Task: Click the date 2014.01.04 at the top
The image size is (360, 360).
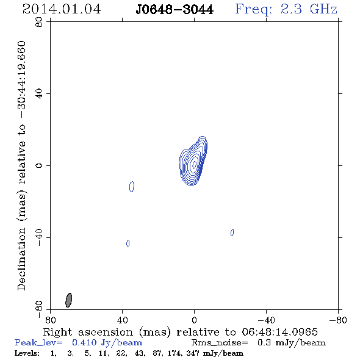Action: click(x=62, y=9)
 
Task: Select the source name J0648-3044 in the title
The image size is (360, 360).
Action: click(x=175, y=10)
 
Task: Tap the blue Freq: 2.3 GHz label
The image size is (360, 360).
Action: click(x=286, y=9)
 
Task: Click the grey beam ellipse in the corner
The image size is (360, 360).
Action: click(x=69, y=300)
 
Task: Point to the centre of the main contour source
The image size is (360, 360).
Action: click(x=194, y=164)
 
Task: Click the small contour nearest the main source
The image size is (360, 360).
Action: click(x=132, y=187)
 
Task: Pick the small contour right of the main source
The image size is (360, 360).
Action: click(x=232, y=232)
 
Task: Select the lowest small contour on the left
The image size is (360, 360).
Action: click(x=128, y=243)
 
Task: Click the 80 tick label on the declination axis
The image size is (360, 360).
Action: click(x=39, y=22)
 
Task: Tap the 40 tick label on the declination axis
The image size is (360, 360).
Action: click(x=39, y=94)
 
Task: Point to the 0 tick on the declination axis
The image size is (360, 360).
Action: click(x=39, y=165)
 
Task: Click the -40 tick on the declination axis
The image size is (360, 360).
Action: click(x=39, y=237)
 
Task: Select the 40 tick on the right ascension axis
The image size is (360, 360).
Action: click(x=123, y=320)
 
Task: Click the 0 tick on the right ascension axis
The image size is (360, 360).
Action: click(x=194, y=320)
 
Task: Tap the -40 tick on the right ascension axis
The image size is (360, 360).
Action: click(x=266, y=320)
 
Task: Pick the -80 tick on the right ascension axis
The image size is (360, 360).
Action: click(x=338, y=320)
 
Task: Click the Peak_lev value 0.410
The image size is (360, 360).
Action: click(x=84, y=342)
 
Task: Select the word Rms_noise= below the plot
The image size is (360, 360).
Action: click(x=220, y=343)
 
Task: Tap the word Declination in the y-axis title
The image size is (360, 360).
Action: click(x=21, y=259)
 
